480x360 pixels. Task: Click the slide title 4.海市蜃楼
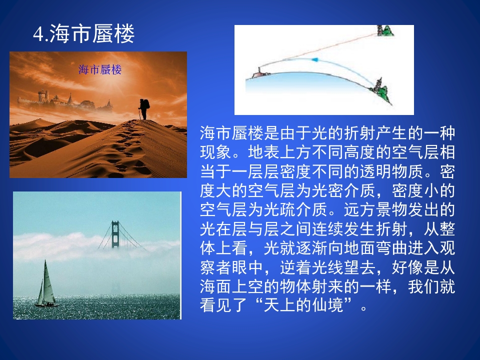[x=83, y=33]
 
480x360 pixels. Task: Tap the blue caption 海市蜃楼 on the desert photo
[x=100, y=70]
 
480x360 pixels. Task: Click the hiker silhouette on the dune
[x=143, y=109]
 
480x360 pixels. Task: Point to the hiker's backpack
[x=146, y=104]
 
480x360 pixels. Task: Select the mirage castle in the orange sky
[x=65, y=100]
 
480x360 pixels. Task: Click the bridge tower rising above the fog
[x=115, y=234]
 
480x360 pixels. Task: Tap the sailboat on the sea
[x=46, y=284]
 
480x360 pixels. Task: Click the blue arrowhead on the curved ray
[x=315, y=59]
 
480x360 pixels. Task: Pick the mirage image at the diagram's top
[x=385, y=30]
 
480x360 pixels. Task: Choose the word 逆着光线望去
[x=327, y=267]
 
